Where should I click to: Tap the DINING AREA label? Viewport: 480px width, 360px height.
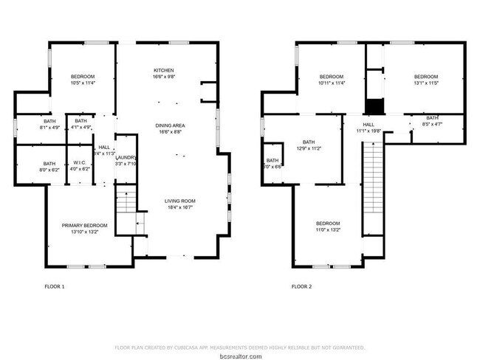[168, 125]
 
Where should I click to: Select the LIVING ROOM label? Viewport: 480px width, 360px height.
[181, 201]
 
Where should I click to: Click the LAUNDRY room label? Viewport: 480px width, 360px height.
[126, 157]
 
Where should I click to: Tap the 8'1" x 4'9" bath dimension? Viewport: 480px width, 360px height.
[49, 128]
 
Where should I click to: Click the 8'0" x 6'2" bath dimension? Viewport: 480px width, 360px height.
[49, 170]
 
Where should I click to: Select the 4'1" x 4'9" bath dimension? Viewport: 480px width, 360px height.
[80, 128]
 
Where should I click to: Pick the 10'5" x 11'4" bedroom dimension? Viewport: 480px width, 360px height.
[83, 83]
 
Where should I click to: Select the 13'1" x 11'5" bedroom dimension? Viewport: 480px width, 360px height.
[425, 83]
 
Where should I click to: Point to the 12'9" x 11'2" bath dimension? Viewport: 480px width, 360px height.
[308, 148]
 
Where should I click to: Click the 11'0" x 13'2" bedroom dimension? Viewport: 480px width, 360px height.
[328, 229]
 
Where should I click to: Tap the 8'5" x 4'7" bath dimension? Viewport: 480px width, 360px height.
[431, 124]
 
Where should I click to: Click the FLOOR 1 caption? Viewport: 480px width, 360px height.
[55, 286]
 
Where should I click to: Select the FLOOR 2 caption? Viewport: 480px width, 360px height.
[301, 286]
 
